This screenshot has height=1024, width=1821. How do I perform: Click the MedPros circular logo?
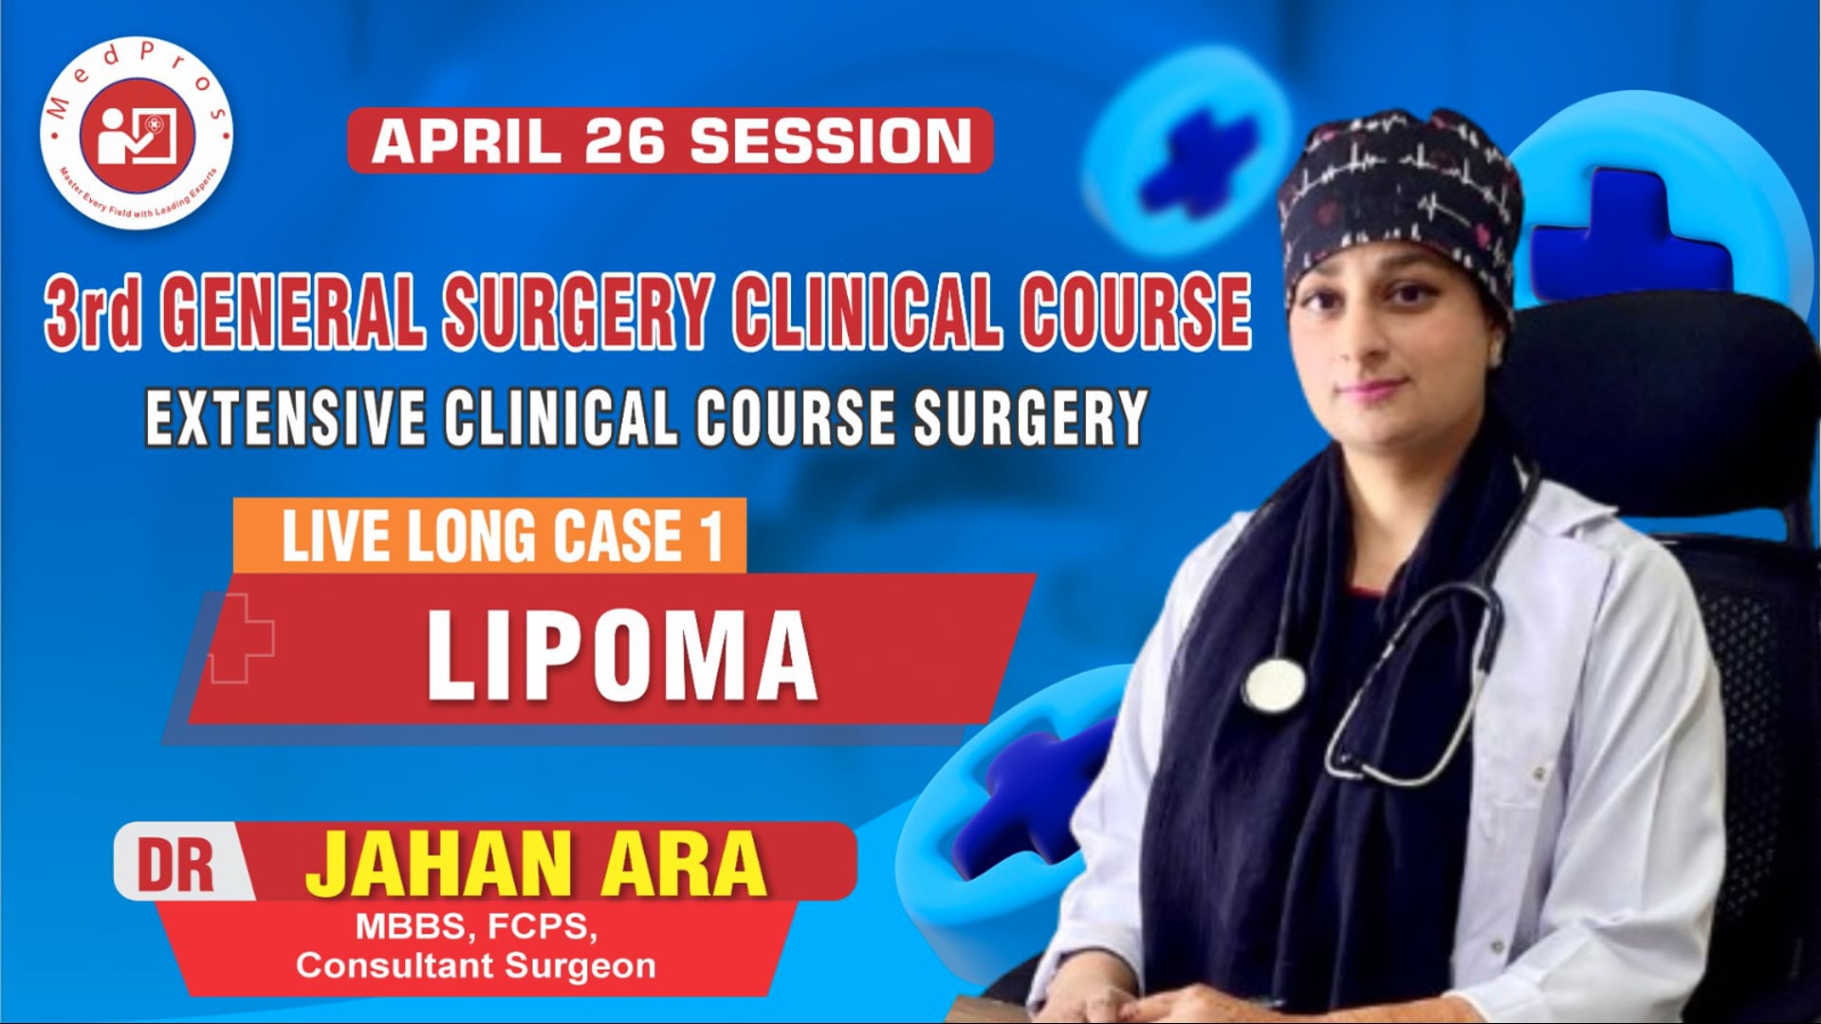pos(137,134)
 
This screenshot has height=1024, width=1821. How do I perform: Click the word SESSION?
pos(830,141)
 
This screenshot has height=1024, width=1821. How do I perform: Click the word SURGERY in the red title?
pos(579,311)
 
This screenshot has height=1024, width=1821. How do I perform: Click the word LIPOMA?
pos(621,655)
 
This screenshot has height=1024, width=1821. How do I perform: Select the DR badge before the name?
pos(176,864)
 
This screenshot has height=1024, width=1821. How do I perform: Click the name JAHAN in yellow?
pos(437,864)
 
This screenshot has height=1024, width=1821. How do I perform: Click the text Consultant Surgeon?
pos(476,966)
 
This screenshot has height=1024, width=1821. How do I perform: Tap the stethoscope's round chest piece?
pos(1273,685)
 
